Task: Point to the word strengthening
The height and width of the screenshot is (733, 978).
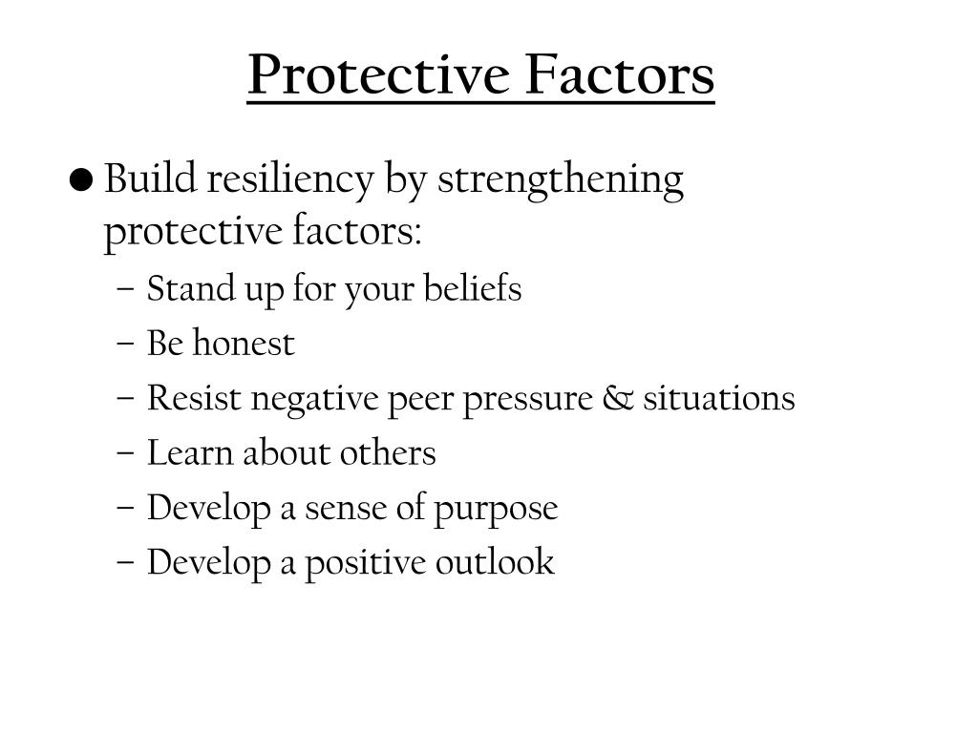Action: tap(561, 179)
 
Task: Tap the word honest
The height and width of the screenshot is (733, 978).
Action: tap(243, 344)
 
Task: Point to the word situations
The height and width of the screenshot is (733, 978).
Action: tap(718, 398)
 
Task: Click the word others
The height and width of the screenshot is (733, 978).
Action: tap(391, 452)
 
